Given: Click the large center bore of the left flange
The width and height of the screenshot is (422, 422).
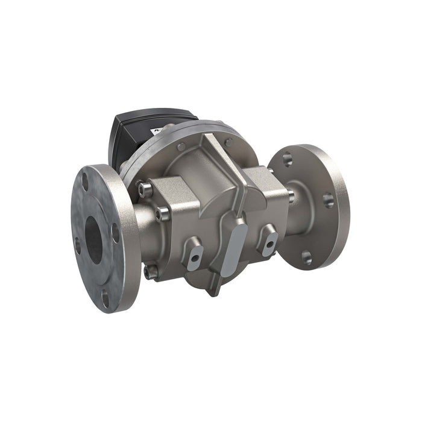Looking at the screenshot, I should point(93,239).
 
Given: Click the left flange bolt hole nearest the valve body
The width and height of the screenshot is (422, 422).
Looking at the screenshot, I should point(115,231).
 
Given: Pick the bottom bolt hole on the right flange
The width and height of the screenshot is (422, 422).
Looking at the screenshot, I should point(307,257).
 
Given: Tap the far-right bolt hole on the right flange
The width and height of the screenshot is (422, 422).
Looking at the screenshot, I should point(329,200).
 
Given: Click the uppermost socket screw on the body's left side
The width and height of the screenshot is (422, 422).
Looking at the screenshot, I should point(143,190).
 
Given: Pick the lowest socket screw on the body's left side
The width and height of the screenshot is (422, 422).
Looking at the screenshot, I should point(151,272).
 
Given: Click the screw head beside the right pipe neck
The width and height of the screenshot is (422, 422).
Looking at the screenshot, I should point(291,196).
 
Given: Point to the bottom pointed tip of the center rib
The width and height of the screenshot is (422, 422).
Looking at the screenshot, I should point(211,292).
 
